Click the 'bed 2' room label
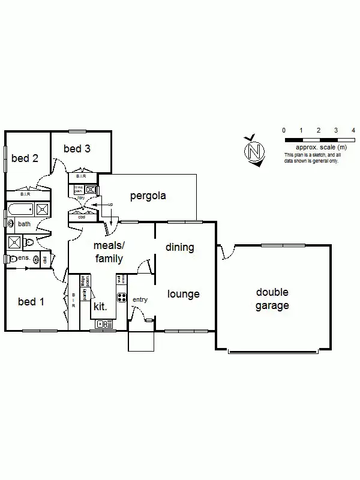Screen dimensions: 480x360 [x=25, y=158]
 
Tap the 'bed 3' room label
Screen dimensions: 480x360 [x=77, y=149]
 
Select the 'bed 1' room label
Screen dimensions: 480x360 [x=31, y=302]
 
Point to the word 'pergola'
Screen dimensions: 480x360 [x=148, y=196]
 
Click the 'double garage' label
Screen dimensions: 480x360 [x=272, y=299]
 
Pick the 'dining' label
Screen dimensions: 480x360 [x=180, y=247]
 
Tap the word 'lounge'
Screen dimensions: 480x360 [x=183, y=295]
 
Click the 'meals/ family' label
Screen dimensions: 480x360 [x=109, y=253]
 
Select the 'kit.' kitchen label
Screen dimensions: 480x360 [x=100, y=307]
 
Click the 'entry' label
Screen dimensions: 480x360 [x=140, y=300]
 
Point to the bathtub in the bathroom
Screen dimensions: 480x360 [x=21, y=210]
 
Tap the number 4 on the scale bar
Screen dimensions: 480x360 [x=353, y=130]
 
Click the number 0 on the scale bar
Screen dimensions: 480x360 [x=284, y=130]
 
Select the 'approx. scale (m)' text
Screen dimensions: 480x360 [x=321, y=147]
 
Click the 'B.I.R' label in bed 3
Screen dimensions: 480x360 [x=81, y=176]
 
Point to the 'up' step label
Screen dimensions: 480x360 [x=110, y=205]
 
